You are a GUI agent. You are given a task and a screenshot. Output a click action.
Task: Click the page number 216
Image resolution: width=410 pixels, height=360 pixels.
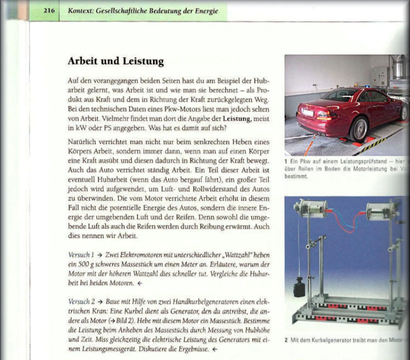(49, 10)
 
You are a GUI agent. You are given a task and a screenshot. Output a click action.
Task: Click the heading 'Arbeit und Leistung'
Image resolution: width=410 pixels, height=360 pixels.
(116, 61)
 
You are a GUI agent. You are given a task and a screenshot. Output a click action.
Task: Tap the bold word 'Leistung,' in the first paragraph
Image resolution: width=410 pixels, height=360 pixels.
(237, 119)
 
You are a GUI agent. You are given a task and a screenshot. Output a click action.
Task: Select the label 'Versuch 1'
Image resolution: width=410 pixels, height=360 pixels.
(81, 255)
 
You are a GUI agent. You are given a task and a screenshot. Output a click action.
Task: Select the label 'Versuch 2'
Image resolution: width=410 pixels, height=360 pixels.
(81, 302)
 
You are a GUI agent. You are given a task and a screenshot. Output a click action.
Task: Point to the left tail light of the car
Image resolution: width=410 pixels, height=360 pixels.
(327, 116)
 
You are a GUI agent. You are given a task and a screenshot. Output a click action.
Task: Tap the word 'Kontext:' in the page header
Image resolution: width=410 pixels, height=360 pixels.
(81, 10)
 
